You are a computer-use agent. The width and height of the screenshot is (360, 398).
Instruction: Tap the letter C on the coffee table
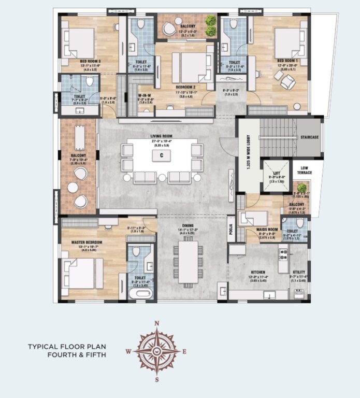coord(162,155)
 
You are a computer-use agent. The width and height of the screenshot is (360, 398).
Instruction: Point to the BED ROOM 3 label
coord(76,61)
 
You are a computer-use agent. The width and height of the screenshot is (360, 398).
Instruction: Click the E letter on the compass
coord(184,351)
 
